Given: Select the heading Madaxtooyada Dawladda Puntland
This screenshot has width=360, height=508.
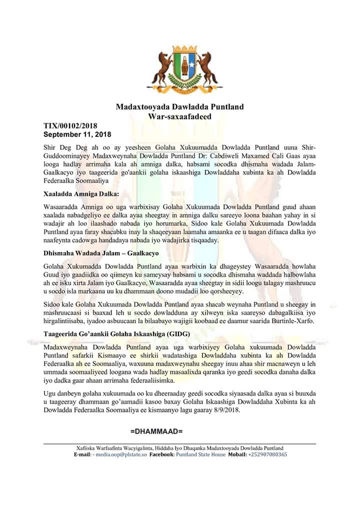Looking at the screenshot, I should (x=179, y=107).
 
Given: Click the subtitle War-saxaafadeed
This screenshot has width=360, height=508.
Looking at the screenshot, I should (x=179, y=116).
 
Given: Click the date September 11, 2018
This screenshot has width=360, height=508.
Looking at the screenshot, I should (x=77, y=134).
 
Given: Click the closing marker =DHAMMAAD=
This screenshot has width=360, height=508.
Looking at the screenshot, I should (x=156, y=431).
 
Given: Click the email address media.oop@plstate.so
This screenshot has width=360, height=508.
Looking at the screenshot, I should (x=121, y=455).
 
